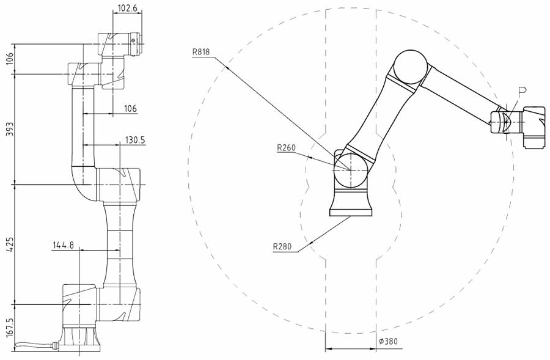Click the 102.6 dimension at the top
point(127,8)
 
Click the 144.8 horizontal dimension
point(63,245)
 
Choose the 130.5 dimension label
point(135,141)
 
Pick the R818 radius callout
point(200,53)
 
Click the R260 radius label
point(286,147)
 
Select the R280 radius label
point(282,247)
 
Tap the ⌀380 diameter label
point(388,341)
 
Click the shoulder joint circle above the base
point(351,171)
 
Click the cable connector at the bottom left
point(55,345)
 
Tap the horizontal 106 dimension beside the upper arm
point(130,109)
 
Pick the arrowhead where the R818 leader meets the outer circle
point(227,68)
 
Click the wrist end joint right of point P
point(535,127)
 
